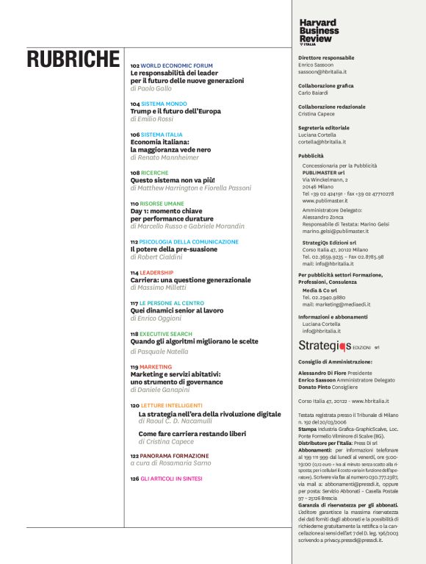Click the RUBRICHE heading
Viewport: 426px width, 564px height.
pyautogui.click(x=72, y=60)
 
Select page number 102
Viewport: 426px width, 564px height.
pyautogui.click(x=134, y=65)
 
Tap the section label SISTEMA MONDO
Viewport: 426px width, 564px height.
pyautogui.click(x=163, y=104)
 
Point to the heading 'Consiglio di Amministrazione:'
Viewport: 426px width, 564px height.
pyautogui.click(x=335, y=362)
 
